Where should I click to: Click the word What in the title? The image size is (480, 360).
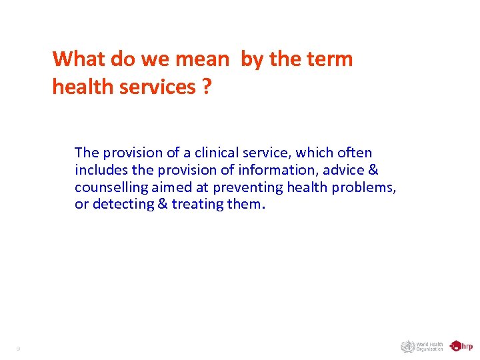[79, 59]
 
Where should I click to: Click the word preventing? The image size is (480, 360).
[246, 187]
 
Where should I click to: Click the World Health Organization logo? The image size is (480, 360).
[421, 346]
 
